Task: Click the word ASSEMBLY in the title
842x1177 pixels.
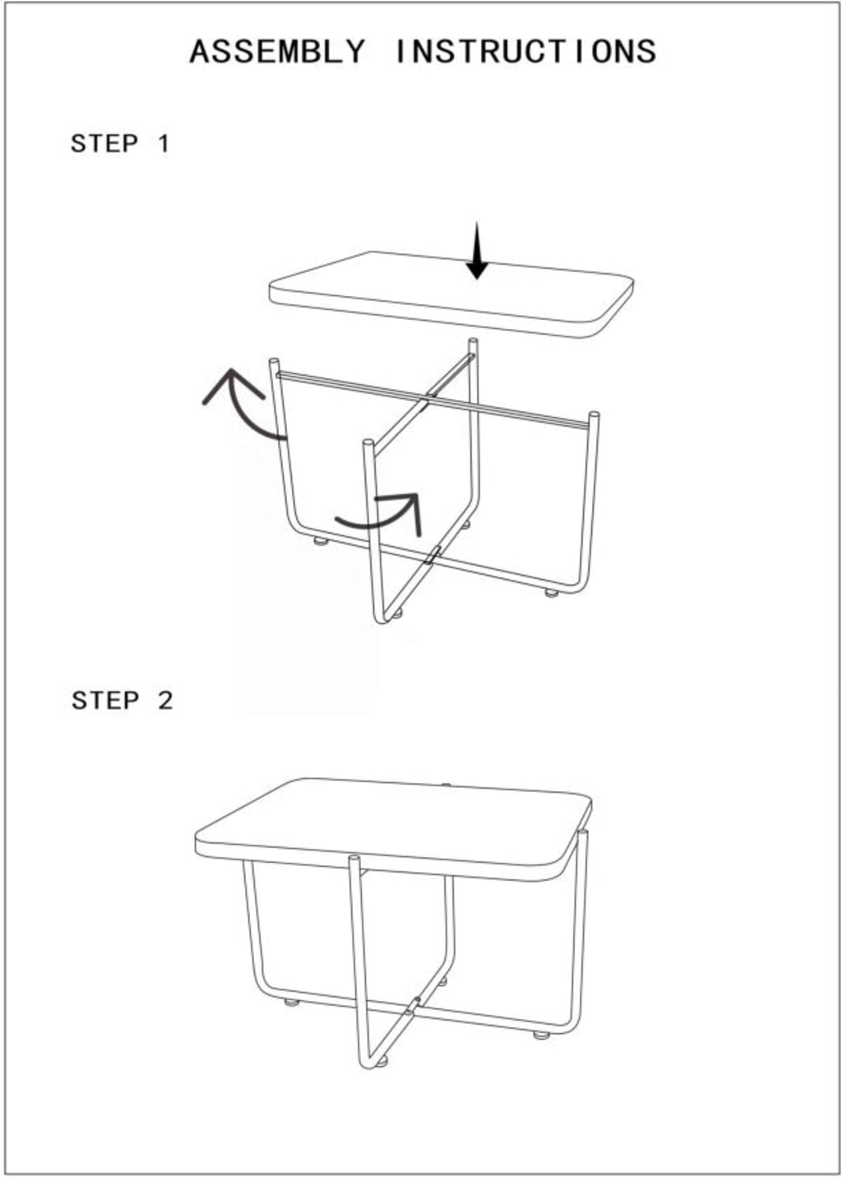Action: point(277,52)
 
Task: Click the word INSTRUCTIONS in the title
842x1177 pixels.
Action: point(525,52)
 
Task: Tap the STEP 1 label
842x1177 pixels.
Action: point(120,144)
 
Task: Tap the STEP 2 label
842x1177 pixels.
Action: point(122,701)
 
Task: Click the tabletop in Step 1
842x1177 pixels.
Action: point(451,294)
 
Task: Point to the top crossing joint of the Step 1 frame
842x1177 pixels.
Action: point(428,400)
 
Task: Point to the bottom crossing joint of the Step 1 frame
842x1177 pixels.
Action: point(433,555)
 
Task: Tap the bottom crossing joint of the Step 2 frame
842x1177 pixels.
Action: point(413,1004)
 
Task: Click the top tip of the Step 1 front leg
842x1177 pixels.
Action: point(368,443)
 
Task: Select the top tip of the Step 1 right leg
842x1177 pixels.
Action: point(594,414)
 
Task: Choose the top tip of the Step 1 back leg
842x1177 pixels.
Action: point(473,341)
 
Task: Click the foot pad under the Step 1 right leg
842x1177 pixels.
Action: point(551,593)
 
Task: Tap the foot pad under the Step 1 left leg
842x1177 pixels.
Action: point(321,540)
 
